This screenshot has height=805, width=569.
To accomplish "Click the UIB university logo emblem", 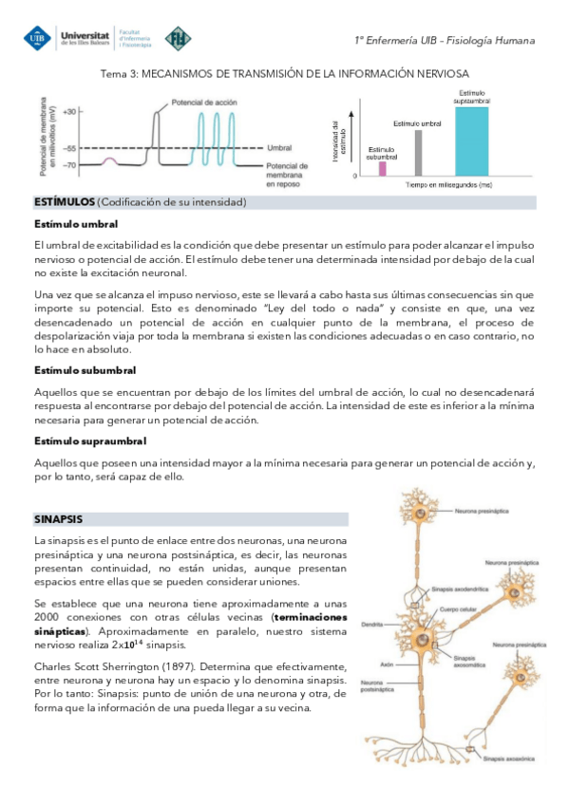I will click(36, 39).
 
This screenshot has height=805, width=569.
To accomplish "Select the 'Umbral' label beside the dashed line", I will click(279, 148).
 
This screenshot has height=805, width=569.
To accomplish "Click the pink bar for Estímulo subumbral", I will click(383, 168).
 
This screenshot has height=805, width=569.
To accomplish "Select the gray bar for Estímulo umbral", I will click(418, 153).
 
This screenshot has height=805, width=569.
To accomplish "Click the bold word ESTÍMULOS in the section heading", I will click(65, 203).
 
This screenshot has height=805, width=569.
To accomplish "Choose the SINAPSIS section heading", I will click(58, 519).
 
